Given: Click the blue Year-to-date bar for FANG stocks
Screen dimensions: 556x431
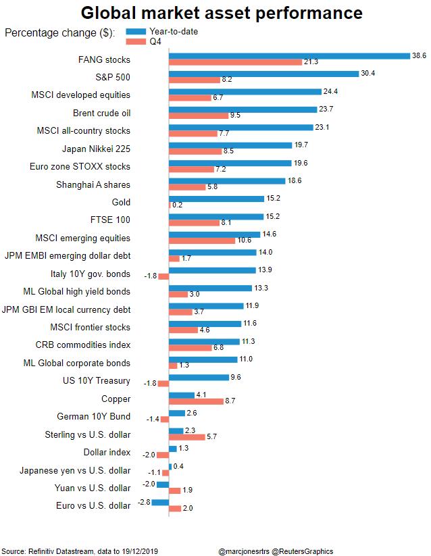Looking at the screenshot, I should (x=289, y=55).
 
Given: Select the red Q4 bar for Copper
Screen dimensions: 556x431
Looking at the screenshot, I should (x=196, y=401).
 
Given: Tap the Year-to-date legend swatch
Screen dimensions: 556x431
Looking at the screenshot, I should (x=136, y=31).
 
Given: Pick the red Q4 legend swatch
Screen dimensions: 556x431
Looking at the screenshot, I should (x=136, y=41).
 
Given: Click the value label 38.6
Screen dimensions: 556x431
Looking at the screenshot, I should (x=420, y=55).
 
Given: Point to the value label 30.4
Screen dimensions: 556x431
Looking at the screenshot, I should (x=370, y=73).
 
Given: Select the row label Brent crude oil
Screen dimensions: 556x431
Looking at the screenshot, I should (x=101, y=113).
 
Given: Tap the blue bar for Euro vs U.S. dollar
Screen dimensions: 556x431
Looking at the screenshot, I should (x=160, y=502).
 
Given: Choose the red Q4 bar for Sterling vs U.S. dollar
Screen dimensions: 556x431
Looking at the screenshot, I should (x=186, y=437).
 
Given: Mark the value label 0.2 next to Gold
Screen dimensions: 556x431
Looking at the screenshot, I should (x=178, y=205).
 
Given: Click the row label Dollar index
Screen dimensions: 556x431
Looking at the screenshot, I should (x=107, y=452).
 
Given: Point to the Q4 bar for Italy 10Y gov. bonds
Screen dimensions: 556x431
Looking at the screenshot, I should (x=163, y=276).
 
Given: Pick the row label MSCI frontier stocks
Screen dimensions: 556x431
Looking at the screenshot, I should (x=90, y=327).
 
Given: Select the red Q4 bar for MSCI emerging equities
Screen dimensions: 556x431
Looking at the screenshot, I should (x=202, y=241).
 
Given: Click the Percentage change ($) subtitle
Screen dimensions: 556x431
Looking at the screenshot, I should (x=59, y=33).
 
